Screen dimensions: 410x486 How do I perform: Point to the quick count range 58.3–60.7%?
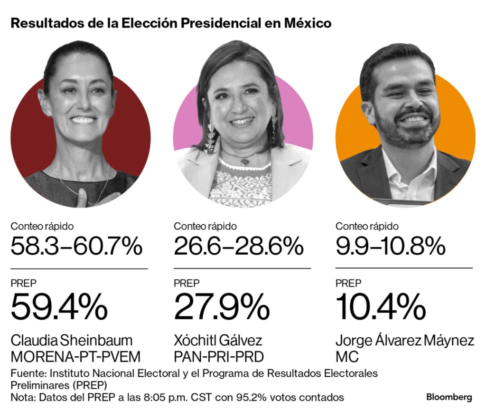76,246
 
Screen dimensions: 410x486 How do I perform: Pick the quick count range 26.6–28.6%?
239,246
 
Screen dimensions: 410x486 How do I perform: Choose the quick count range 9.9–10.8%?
390,246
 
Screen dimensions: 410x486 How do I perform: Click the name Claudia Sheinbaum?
72,340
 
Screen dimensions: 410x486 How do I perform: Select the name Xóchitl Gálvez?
218,340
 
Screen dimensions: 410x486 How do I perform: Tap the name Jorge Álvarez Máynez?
404,340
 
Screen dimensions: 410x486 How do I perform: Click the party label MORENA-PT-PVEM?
76,356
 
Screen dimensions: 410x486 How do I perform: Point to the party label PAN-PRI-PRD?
219,356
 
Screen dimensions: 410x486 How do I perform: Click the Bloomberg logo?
449,397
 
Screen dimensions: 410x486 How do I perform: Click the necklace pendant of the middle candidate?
244,162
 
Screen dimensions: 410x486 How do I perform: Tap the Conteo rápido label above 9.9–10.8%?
366,227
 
